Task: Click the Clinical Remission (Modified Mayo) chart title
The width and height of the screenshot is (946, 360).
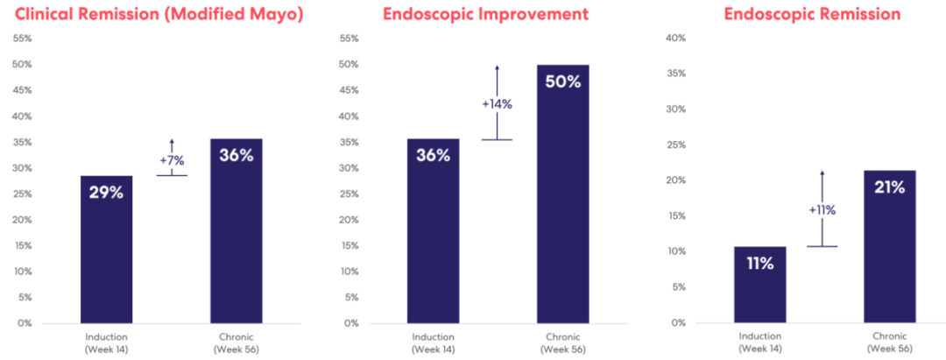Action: pos(159,15)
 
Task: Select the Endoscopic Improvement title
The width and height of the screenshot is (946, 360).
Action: pos(485,15)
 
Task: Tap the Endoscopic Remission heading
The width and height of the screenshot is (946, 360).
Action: pos(812,15)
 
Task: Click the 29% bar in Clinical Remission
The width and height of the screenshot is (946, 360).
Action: pos(106,250)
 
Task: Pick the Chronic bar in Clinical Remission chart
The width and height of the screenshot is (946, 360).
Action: pos(236,231)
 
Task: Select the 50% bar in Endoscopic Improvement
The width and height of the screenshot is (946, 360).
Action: pos(563,194)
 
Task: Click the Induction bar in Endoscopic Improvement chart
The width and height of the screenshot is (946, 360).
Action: pos(434,231)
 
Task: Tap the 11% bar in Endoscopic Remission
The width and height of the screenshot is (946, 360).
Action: pos(760,286)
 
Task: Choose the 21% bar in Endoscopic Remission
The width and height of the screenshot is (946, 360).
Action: pos(890,247)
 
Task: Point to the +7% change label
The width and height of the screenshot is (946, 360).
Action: pos(172,160)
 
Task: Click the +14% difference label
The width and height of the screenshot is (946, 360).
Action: pos(498,103)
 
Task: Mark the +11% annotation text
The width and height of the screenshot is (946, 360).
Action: pos(822,210)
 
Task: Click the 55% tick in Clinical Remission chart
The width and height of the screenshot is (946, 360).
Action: pos(22,39)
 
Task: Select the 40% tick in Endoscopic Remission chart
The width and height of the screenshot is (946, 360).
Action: pos(676,39)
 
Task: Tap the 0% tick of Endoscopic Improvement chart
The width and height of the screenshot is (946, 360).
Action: pos(351,323)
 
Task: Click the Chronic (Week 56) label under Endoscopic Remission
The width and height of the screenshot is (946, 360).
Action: pos(890,342)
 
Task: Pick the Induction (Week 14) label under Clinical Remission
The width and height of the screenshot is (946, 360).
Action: pos(106,342)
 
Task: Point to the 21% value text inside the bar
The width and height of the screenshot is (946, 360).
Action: pos(890,187)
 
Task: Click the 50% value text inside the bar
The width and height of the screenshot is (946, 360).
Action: pos(563,82)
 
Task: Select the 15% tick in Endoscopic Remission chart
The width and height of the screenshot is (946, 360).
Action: pos(676,216)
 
